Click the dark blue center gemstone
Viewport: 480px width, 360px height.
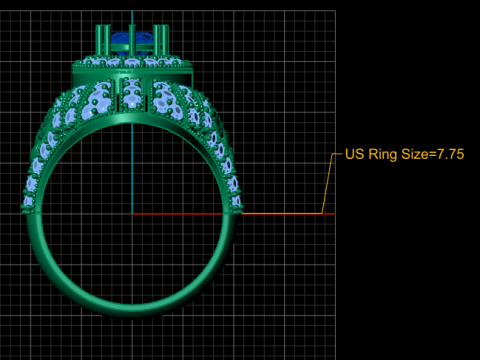click(x=121, y=39)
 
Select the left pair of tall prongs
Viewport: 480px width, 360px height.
click(x=103, y=40)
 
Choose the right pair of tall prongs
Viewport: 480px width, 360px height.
click(x=161, y=40)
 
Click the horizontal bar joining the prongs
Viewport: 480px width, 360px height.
click(x=132, y=48)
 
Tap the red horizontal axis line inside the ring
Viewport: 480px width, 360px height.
click(x=177, y=214)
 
